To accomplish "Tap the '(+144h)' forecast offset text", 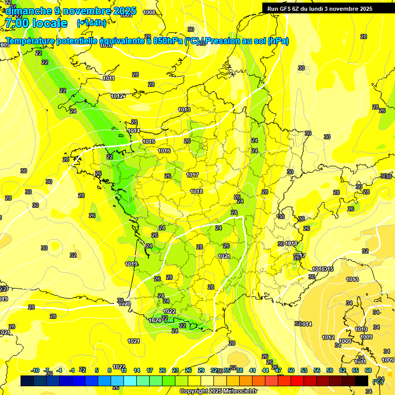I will [x=91, y=23].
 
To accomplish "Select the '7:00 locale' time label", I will [x=35, y=23].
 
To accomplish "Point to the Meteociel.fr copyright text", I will [x=218, y=391].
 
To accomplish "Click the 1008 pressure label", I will [x=149, y=12].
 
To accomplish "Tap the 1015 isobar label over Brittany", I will [x=149, y=141].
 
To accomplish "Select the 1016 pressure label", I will [x=164, y=151].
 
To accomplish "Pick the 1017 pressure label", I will [x=192, y=175].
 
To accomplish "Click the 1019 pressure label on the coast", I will [x=131, y=264].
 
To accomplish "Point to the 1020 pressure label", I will [x=124, y=304].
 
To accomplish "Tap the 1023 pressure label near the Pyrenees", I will [x=154, y=320].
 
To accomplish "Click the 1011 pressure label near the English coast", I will [x=109, y=78].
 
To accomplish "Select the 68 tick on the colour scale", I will [x=368, y=370].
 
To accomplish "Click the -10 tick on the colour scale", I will [x=35, y=370].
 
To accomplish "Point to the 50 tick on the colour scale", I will [x=291, y=370].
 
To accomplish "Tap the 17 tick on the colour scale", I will [x=150, y=370].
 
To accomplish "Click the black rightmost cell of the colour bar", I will [x=362, y=381].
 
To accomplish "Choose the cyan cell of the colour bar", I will [x=130, y=381].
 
